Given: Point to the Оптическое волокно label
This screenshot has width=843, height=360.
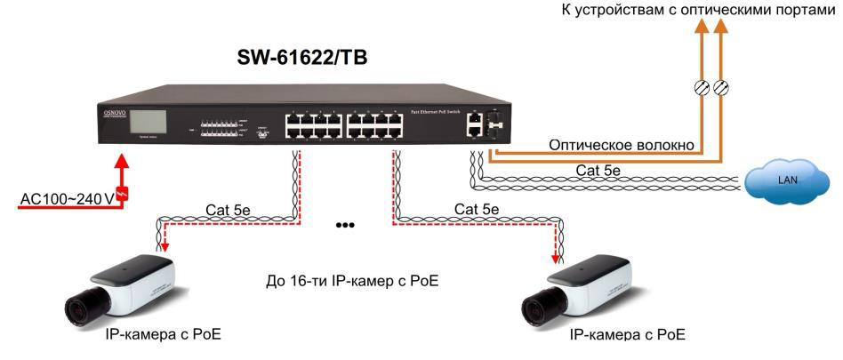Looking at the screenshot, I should tap(622, 144).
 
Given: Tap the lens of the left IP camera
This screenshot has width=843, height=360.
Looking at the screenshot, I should tap(78, 309).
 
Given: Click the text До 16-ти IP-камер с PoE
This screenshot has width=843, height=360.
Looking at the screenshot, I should tap(353, 283).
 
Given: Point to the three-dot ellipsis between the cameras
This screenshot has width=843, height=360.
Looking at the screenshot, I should tap(345, 226).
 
